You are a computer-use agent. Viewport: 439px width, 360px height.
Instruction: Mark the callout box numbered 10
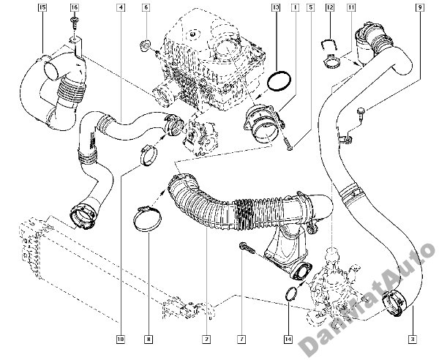120,339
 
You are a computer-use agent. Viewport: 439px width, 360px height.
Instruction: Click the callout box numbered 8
149,339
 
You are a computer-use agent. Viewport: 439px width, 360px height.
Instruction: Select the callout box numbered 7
239,339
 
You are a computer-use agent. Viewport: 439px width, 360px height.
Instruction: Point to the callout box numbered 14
288,339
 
